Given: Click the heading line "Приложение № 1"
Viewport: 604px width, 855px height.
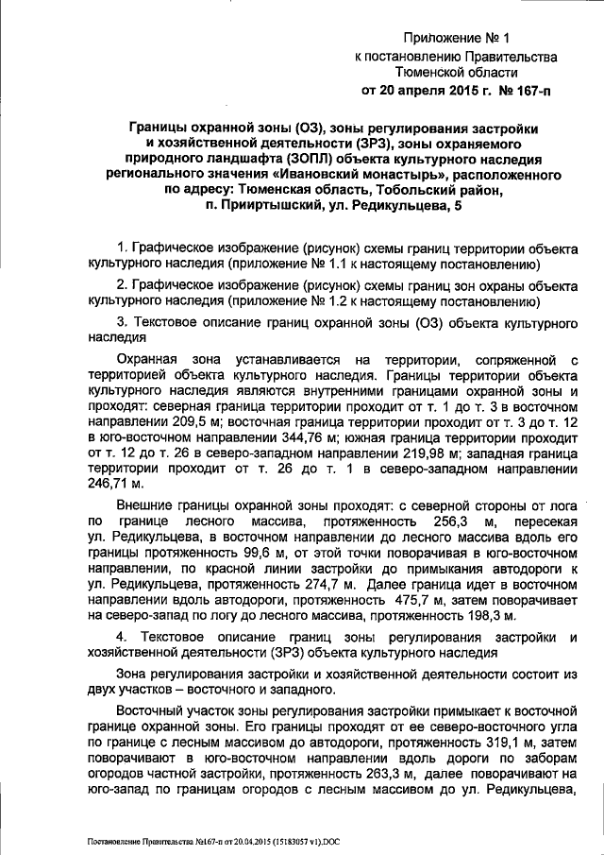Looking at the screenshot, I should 456,39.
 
